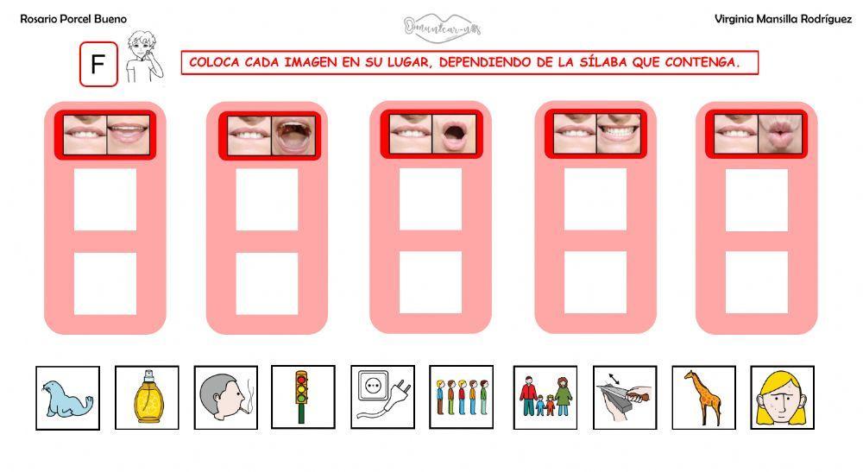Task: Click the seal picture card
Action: coord(67,398)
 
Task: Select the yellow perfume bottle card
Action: coord(147,398)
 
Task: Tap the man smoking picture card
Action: coord(225,398)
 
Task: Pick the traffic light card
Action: coord(302,398)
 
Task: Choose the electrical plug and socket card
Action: coord(382,398)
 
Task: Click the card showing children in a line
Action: coord(461,398)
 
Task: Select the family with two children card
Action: coord(545,398)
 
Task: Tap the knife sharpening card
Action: coord(625,398)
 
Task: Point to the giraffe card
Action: coord(703,398)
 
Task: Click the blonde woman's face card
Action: coord(782,398)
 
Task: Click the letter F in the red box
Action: coord(98,66)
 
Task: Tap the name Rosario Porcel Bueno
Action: coord(73,19)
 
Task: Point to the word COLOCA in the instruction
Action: coord(213,62)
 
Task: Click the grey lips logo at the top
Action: coord(442,27)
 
